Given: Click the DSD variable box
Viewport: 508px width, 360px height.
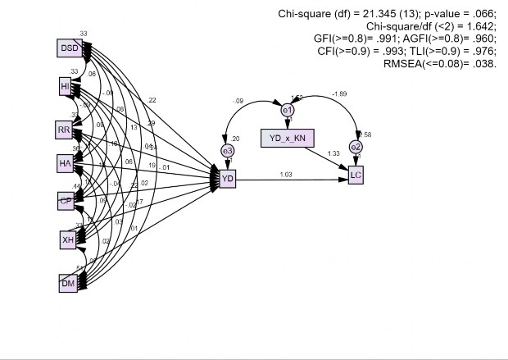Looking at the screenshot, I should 70,48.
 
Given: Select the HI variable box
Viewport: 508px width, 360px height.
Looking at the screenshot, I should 66,86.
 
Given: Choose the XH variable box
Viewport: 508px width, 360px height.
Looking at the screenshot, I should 68,239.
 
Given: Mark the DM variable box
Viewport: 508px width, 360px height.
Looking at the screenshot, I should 68,283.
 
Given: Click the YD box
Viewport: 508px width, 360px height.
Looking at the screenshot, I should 227,176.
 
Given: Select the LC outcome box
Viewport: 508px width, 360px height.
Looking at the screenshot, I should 356,175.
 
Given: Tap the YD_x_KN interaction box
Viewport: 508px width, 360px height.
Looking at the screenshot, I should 288,137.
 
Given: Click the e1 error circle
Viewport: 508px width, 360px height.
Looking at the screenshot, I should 288,110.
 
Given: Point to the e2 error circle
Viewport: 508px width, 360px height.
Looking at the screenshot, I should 356,148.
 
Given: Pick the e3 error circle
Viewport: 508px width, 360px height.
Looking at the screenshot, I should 227,150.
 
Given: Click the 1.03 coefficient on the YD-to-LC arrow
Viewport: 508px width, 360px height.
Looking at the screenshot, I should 286,173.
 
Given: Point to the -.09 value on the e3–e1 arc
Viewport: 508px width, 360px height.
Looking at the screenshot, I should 238,102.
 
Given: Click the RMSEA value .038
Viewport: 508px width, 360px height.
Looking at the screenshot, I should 483,63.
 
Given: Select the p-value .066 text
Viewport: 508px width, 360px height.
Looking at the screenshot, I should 464,14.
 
